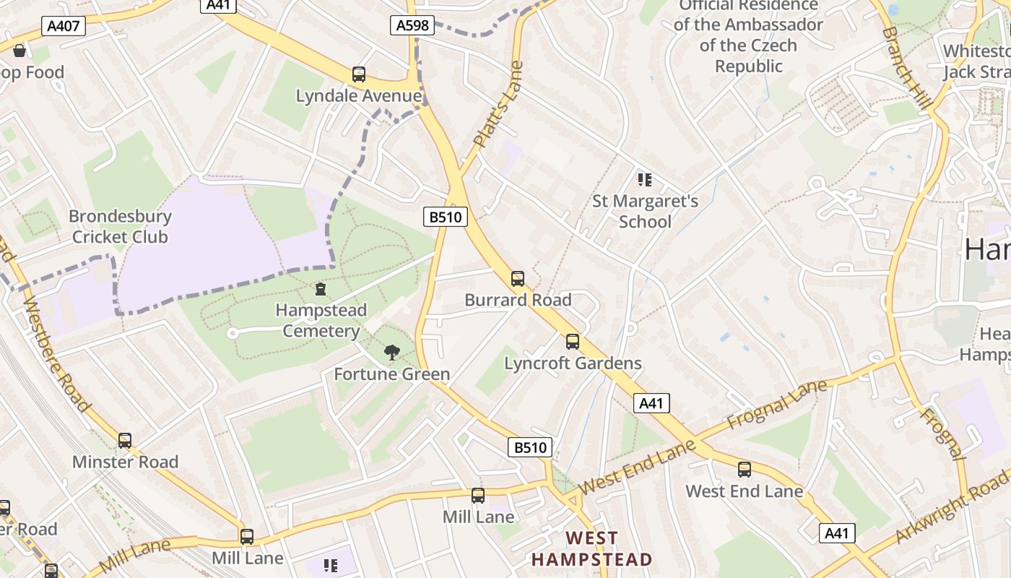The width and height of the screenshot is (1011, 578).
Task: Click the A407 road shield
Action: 64,27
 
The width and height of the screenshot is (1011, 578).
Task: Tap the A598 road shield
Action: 412,25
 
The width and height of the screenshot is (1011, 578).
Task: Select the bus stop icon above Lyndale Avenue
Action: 359,74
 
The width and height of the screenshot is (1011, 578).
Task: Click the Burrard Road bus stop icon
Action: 518,278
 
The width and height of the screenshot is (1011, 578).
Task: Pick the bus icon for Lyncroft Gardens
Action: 573,341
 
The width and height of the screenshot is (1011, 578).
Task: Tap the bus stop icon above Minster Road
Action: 125,440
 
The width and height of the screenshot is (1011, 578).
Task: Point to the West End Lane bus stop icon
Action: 745,469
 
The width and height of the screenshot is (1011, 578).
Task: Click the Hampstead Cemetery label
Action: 321,320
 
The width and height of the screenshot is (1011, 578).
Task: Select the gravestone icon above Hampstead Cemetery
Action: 321,289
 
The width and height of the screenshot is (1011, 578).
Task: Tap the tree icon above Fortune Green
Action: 392,352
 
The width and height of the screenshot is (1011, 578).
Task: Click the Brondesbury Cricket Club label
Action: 120,226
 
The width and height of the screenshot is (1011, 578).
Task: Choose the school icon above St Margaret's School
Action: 645,179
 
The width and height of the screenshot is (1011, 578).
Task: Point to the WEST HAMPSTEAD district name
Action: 592,548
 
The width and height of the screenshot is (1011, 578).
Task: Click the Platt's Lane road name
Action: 498,105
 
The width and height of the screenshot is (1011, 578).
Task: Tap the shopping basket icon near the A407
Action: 19,51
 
